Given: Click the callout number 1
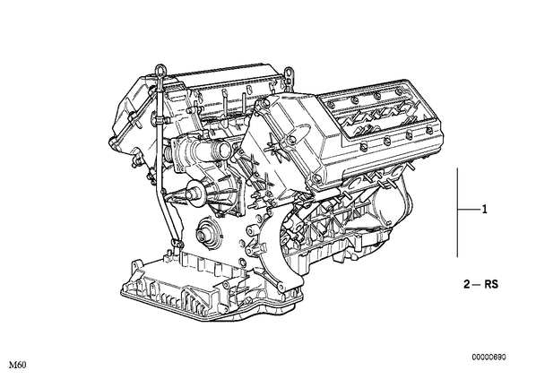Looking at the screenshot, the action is pos(484,209).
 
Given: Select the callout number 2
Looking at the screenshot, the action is pos(467,284).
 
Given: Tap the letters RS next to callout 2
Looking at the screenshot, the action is pos(491,284).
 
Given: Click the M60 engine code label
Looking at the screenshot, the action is pos(17,366).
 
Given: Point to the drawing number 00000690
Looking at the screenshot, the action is pos(489,357).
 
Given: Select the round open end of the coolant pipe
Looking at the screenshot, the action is pos(224,150).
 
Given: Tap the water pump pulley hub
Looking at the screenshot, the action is pos(193,194).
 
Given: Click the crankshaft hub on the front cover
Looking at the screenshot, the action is pos(203,234).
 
